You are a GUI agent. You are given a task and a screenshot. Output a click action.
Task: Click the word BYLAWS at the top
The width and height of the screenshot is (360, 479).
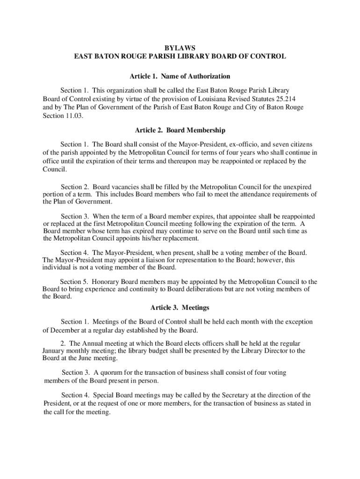pyautogui.click(x=180, y=48)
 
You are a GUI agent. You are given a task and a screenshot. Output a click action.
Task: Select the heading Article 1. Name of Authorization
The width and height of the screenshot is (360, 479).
pyautogui.click(x=180, y=76)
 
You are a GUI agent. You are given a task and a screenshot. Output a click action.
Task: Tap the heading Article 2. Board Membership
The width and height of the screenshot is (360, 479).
pyautogui.click(x=180, y=130)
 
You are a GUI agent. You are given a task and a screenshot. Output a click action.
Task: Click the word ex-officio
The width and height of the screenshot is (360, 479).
pyautogui.click(x=223, y=144)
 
